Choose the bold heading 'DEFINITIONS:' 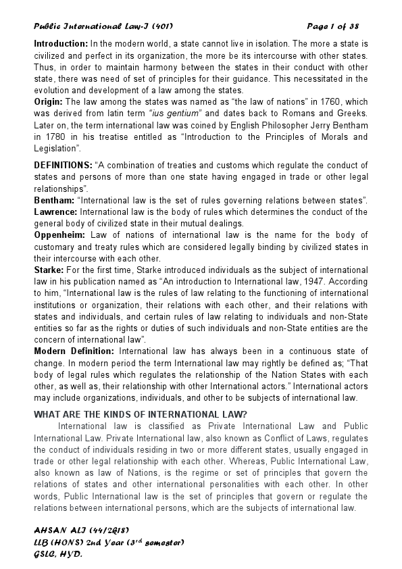click(x=64, y=165)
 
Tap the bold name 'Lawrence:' click(x=56, y=212)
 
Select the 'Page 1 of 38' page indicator click(x=332, y=26)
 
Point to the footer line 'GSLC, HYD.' click(x=58, y=553)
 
